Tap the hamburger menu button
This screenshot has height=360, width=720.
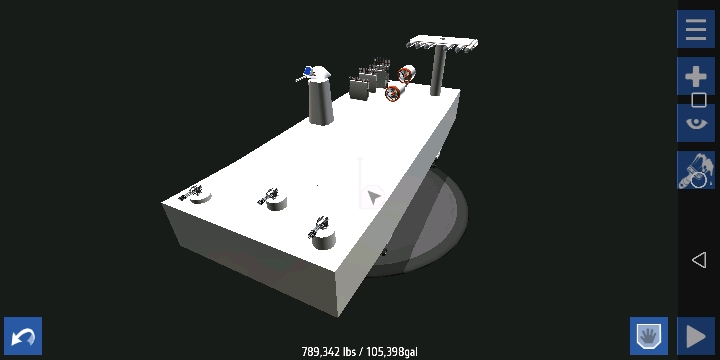696,29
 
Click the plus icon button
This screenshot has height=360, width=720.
696,76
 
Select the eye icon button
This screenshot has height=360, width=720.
696,123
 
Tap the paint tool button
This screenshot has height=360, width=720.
696,170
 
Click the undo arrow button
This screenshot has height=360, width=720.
23,336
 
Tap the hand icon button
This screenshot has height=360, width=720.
649,336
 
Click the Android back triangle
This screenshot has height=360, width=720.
698,260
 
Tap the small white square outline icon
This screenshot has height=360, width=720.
698,100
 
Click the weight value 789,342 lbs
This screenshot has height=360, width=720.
330,352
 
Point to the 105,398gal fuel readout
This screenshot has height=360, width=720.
392,352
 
